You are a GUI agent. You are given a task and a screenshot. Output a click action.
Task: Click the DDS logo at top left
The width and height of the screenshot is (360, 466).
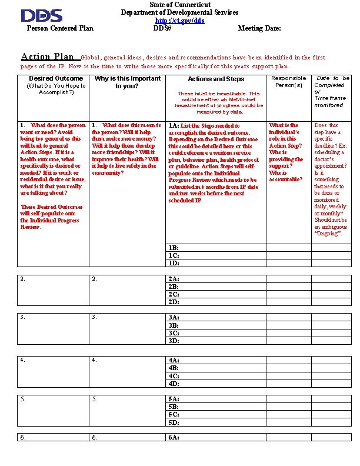41,15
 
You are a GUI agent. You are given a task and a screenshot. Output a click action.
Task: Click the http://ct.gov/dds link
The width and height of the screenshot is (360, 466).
180,21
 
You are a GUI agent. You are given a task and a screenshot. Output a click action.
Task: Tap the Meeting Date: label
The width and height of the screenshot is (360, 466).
259,28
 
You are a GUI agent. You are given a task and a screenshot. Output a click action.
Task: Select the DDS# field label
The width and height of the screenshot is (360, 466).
162,28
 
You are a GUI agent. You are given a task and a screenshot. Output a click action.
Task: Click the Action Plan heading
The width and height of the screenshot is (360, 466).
48,57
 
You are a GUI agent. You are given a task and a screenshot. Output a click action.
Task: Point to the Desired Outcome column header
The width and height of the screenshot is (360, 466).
56,78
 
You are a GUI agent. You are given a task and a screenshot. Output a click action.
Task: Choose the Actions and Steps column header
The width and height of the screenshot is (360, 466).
216,79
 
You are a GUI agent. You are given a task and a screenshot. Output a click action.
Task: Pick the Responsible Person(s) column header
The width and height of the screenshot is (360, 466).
288,81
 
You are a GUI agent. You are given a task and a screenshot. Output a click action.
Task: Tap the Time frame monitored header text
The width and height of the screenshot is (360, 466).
329,102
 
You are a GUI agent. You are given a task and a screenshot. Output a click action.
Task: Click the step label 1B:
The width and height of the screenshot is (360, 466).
174,248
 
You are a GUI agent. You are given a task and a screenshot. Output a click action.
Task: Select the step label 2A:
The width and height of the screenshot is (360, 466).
174,279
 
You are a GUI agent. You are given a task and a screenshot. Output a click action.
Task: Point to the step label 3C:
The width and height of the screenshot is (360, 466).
174,333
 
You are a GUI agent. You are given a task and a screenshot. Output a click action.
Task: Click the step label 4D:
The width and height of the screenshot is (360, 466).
174,384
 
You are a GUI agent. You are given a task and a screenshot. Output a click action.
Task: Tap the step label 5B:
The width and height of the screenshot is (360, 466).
174,407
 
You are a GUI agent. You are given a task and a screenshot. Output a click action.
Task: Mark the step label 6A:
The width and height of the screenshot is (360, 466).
174,437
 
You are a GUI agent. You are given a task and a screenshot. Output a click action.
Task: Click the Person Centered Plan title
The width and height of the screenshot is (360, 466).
60,28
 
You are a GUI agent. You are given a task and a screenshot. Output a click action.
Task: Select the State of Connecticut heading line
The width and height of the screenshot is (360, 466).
180,5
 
